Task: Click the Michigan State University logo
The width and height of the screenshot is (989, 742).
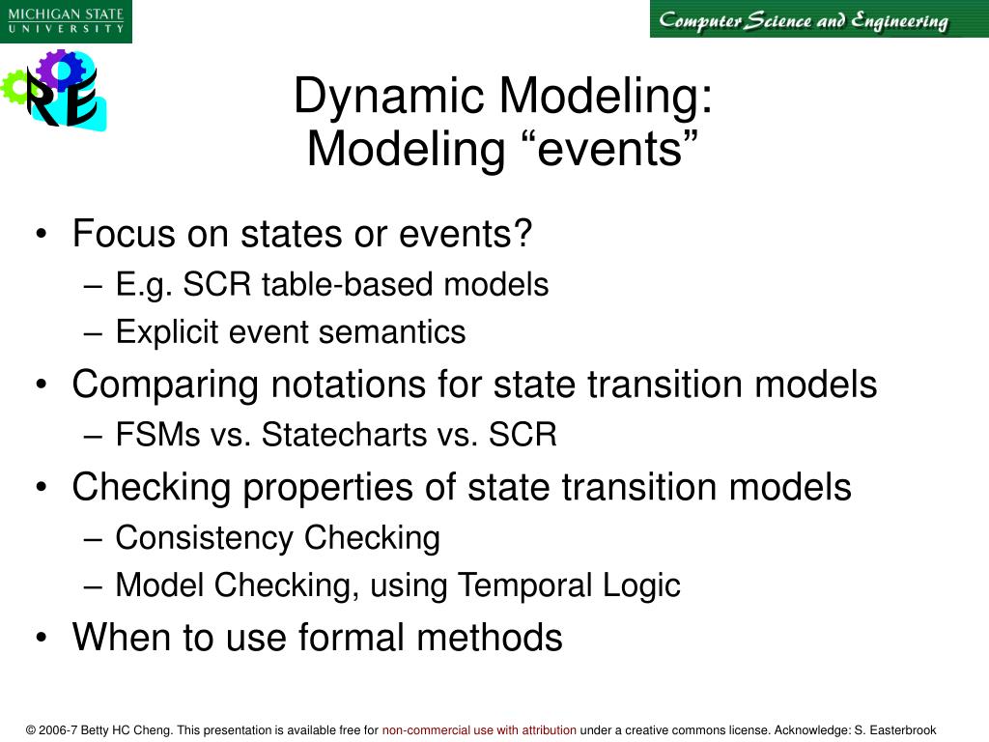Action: tap(66, 20)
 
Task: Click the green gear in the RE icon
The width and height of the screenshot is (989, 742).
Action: tap(14, 87)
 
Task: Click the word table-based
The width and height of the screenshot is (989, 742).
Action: tap(372, 285)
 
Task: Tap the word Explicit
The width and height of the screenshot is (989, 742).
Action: tap(168, 332)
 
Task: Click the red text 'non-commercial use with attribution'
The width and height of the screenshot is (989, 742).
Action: tap(479, 730)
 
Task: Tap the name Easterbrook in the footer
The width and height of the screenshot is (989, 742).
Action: tap(901, 730)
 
